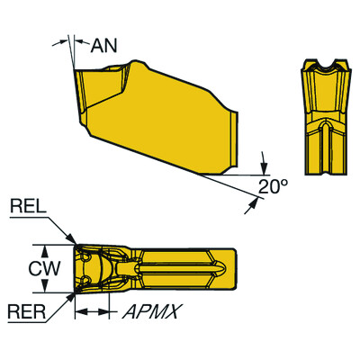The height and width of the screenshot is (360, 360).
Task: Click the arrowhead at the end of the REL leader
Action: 71,243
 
